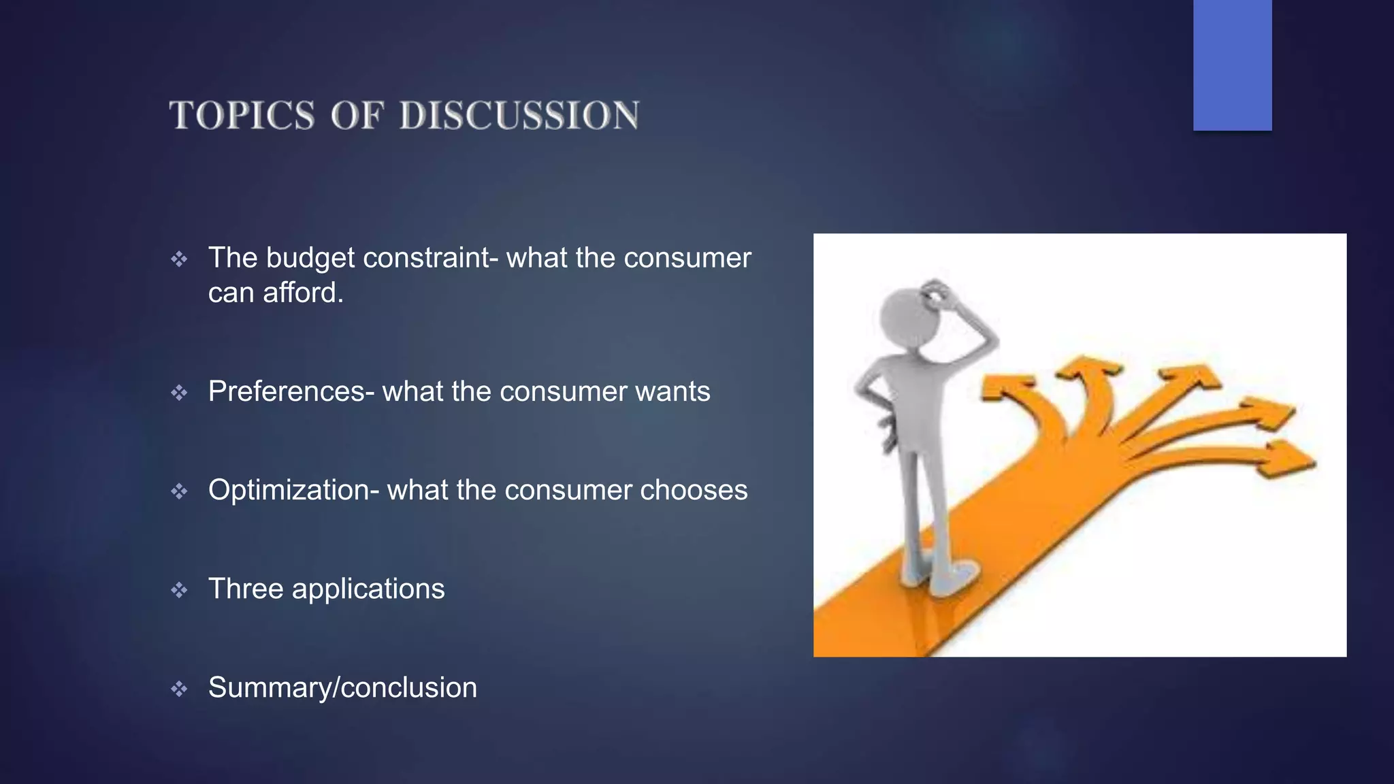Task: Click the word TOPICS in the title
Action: pyautogui.click(x=242, y=115)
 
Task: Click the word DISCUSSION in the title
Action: pyautogui.click(x=519, y=115)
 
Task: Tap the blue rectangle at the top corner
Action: pyautogui.click(x=1232, y=65)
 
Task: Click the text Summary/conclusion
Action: pyautogui.click(x=342, y=688)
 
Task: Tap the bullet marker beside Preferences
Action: pyautogui.click(x=179, y=393)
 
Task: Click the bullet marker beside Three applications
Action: pyautogui.click(x=179, y=590)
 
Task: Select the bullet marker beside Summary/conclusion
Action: pyautogui.click(x=179, y=689)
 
